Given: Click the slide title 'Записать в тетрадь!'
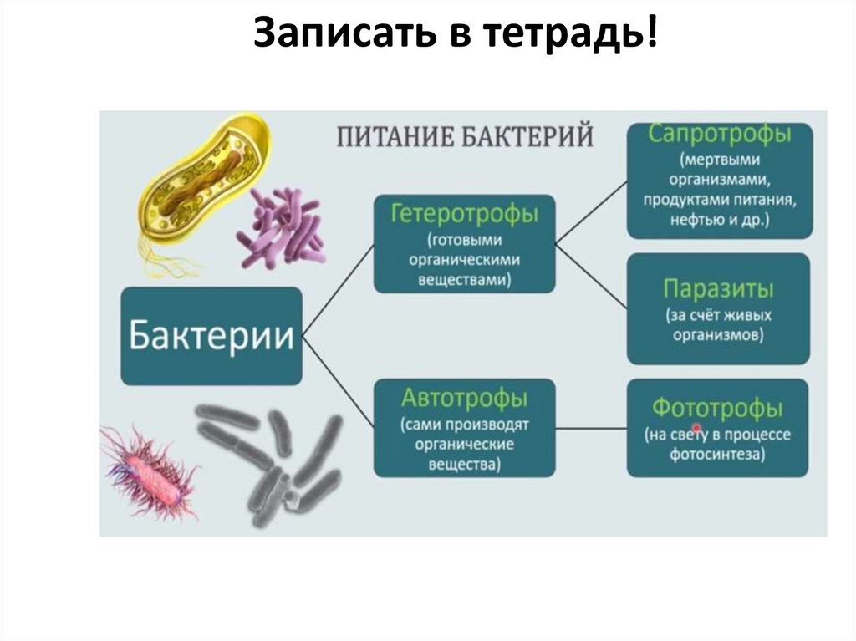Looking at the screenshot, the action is point(456,36).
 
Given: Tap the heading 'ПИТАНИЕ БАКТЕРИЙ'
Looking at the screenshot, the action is point(465,136).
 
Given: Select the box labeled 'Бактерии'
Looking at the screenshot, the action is point(211,337).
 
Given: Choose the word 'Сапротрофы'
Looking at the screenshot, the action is point(719,135).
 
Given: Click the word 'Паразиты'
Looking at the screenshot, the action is point(718,289).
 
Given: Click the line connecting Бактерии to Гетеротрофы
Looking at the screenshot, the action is point(338,289).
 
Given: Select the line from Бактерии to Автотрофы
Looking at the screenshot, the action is point(338,382).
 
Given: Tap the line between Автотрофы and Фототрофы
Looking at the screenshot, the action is point(591,429).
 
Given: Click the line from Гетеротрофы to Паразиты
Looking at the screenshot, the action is point(591,277).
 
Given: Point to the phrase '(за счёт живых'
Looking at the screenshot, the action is point(718,317).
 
